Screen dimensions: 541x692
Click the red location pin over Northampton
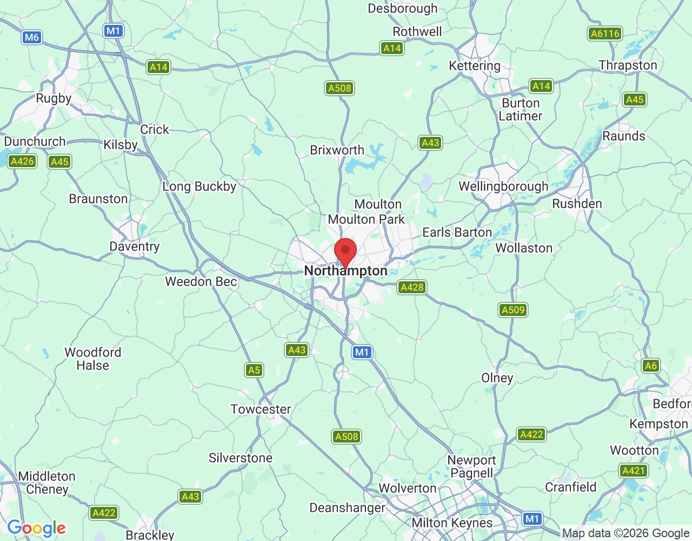click(x=345, y=252)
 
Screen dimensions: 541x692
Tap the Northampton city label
click(x=346, y=271)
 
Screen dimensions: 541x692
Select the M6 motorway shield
click(x=32, y=37)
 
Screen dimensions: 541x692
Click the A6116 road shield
click(x=605, y=34)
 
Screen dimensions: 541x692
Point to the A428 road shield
click(x=412, y=287)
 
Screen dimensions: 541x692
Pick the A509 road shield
click(x=513, y=310)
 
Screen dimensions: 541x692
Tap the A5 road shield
click(x=254, y=370)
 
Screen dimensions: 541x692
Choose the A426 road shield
click(x=22, y=161)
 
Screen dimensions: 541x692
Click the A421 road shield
click(x=634, y=471)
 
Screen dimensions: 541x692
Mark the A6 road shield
click(x=651, y=366)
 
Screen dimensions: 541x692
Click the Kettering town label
click(x=475, y=66)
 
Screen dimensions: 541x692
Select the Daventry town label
click(x=135, y=247)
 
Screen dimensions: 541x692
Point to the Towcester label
click(x=261, y=410)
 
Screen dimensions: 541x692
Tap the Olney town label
click(x=497, y=378)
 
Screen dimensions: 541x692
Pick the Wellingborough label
click(x=503, y=187)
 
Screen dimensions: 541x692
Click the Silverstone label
click(x=241, y=458)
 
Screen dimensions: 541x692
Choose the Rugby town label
click(x=54, y=98)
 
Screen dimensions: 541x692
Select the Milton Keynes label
click(x=452, y=523)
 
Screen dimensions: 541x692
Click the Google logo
click(x=37, y=528)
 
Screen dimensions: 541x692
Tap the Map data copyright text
click(x=626, y=533)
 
